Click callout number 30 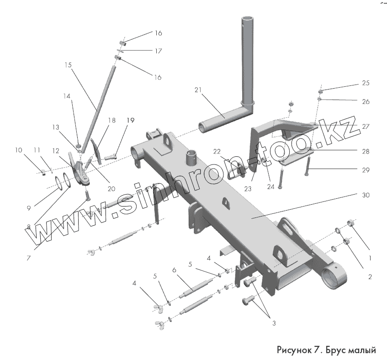[x=366, y=195]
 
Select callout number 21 [x=197, y=90]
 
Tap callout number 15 [x=68, y=65]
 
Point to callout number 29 [x=366, y=170]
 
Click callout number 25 [x=366, y=83]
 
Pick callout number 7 [x=28, y=258]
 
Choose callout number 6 [x=174, y=270]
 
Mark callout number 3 [x=274, y=323]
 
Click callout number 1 [x=370, y=258]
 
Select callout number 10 [x=18, y=150]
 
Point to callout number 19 [x=131, y=121]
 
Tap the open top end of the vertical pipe [x=247, y=19]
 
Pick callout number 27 [x=366, y=126]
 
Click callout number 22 [x=216, y=151]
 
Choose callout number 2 [x=370, y=276]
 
